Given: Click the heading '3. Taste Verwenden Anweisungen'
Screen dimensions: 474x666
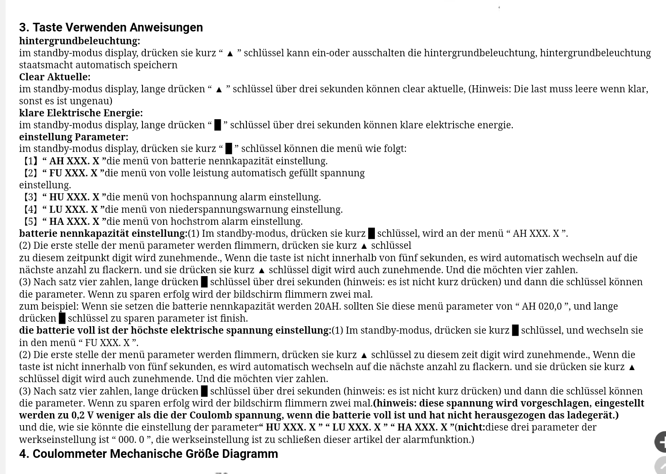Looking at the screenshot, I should tap(111, 27).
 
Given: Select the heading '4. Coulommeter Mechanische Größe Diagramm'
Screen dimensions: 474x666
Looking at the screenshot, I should tap(148, 454).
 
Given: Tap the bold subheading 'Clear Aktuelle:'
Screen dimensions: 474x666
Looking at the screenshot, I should tap(55, 77).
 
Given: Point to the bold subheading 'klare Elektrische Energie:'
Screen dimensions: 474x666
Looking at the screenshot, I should tap(81, 113).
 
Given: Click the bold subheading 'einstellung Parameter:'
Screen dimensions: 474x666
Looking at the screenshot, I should tap(74, 137).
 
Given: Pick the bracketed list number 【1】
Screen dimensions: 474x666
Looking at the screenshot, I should tap(30, 161).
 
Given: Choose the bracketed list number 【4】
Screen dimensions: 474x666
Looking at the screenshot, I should tap(30, 209).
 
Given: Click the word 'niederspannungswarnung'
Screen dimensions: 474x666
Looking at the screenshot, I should tap(229, 209).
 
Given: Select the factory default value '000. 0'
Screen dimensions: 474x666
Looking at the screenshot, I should tap(132, 439).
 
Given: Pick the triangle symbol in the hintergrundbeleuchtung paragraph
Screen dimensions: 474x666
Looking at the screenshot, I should tap(230, 53).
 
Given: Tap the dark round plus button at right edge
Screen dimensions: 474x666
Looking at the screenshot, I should tap(660, 442).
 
